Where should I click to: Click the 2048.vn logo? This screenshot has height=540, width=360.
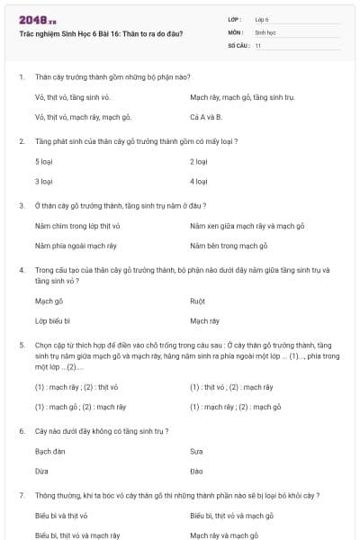tap(38, 19)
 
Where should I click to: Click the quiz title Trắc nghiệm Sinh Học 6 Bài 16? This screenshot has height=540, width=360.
tap(101, 33)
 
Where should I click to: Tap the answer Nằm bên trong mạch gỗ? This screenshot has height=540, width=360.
tap(229, 245)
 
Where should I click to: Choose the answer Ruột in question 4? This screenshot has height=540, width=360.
tap(197, 301)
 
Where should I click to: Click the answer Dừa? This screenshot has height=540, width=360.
tap(40, 471)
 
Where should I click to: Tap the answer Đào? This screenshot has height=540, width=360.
tap(196, 471)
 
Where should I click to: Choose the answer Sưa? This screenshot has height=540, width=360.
tap(196, 452)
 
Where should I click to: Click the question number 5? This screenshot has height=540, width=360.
tap(22, 344)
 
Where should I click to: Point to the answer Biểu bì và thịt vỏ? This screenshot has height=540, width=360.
tap(61, 517)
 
